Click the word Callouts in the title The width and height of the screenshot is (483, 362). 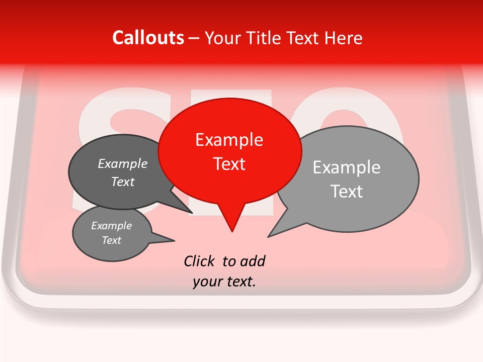tap(148, 38)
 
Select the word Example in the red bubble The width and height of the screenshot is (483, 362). tap(229, 140)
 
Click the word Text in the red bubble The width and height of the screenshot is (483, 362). tap(229, 164)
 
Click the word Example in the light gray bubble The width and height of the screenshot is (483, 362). tap(346, 167)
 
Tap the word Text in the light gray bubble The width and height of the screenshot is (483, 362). tap(347, 192)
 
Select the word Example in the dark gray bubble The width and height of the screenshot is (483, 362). tap(122, 163)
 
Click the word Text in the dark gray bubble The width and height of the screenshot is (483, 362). tap(122, 182)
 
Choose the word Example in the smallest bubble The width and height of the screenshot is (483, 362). tap(111, 226)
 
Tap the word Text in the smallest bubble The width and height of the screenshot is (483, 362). tap(111, 240)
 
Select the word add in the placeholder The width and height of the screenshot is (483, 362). tap(252, 261)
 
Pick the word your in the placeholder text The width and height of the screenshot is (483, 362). tap(207, 282)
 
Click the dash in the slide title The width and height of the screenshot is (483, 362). tap(194, 38)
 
